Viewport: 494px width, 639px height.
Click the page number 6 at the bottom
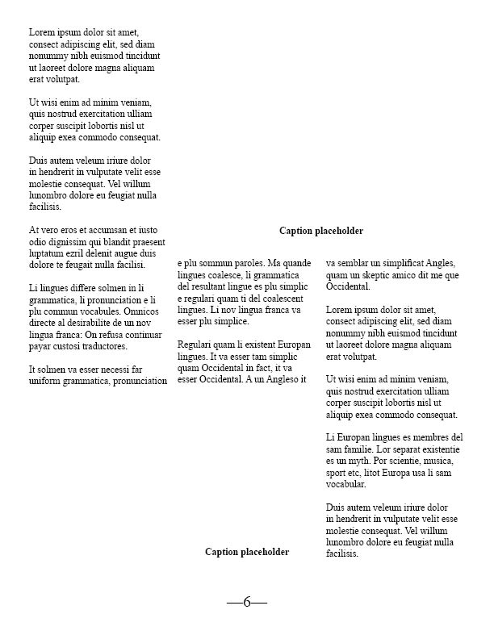click(x=247, y=602)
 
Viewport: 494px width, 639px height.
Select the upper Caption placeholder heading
click(x=321, y=231)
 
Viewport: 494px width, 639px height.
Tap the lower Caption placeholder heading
click(x=247, y=552)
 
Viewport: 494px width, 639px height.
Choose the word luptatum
click(x=47, y=253)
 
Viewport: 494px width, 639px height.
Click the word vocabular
click(x=345, y=485)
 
